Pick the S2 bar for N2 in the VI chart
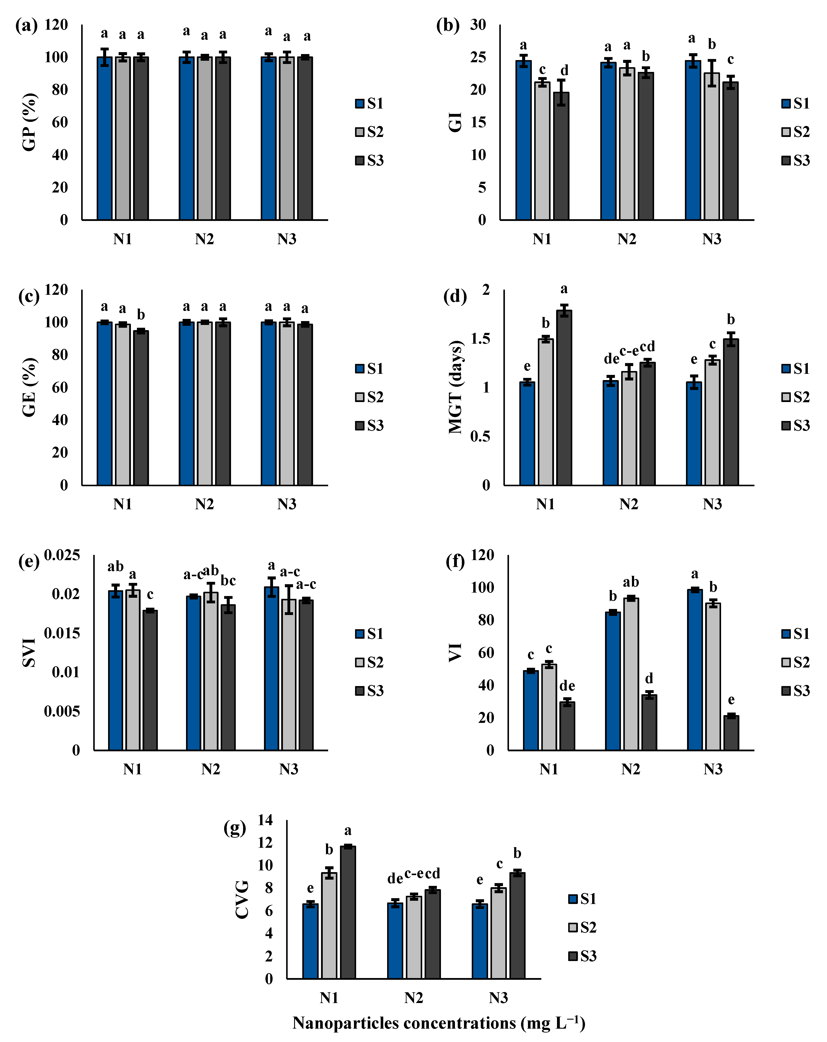631,674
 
